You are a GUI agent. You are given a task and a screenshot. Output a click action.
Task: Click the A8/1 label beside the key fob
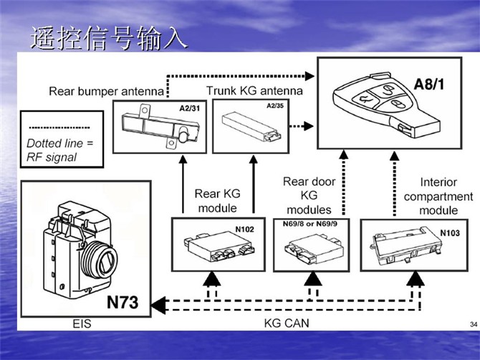(x=429, y=83)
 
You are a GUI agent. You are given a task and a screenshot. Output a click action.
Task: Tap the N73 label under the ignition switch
(x=124, y=303)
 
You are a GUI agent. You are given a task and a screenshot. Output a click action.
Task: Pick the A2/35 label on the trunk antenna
(x=275, y=106)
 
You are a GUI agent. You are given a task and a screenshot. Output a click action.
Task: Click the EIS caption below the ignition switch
(x=82, y=324)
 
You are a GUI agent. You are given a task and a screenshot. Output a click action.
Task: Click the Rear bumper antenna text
(x=106, y=91)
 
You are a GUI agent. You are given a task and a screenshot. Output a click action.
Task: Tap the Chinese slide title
(x=109, y=39)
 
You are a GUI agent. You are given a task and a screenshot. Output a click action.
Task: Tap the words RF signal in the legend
(x=52, y=157)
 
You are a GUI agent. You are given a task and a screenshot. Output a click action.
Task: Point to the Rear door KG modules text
(x=309, y=196)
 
